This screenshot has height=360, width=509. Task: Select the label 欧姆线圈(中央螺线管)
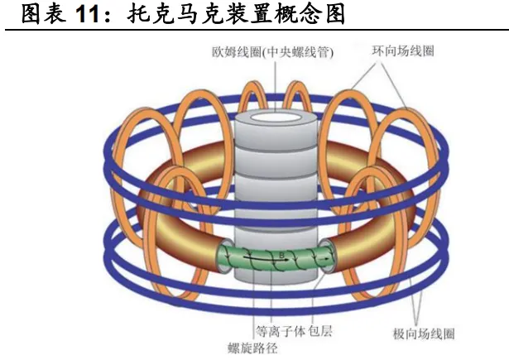coord(270,51)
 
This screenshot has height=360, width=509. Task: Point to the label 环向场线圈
coord(403,51)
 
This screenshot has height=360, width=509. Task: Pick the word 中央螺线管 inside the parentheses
coord(301,51)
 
